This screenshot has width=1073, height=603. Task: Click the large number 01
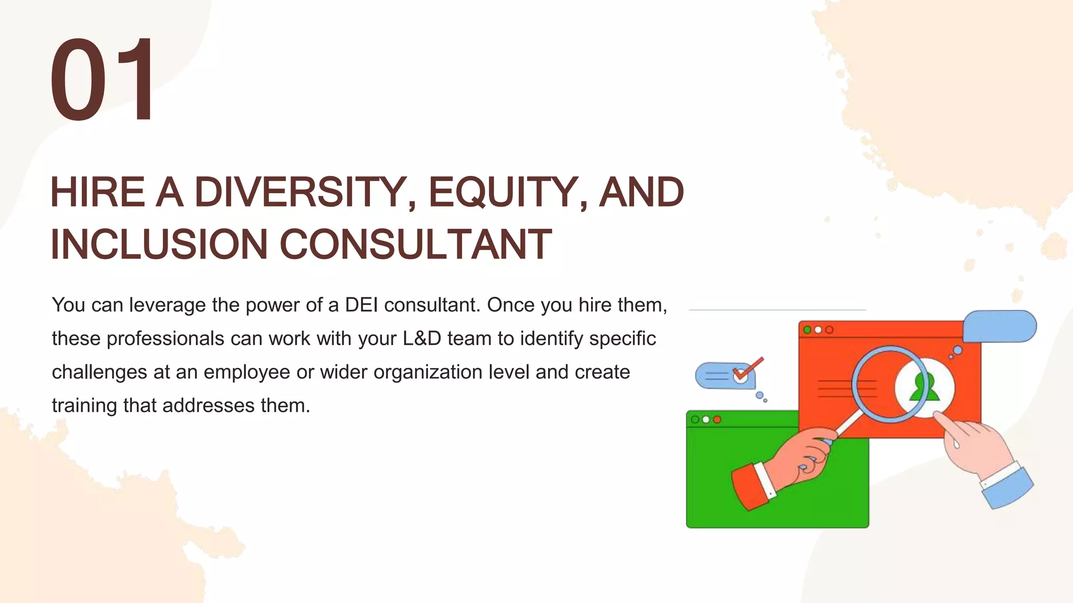click(x=103, y=80)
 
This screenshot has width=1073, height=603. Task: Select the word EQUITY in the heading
click(x=503, y=193)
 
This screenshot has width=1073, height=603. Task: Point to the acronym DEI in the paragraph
click(x=361, y=305)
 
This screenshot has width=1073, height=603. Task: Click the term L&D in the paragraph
click(x=422, y=339)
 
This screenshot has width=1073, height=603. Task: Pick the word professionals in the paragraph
click(x=165, y=339)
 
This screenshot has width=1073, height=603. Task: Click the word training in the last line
click(x=84, y=406)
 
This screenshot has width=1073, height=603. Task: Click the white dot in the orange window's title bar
click(x=818, y=330)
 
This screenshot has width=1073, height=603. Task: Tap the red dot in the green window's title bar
click(x=717, y=419)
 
